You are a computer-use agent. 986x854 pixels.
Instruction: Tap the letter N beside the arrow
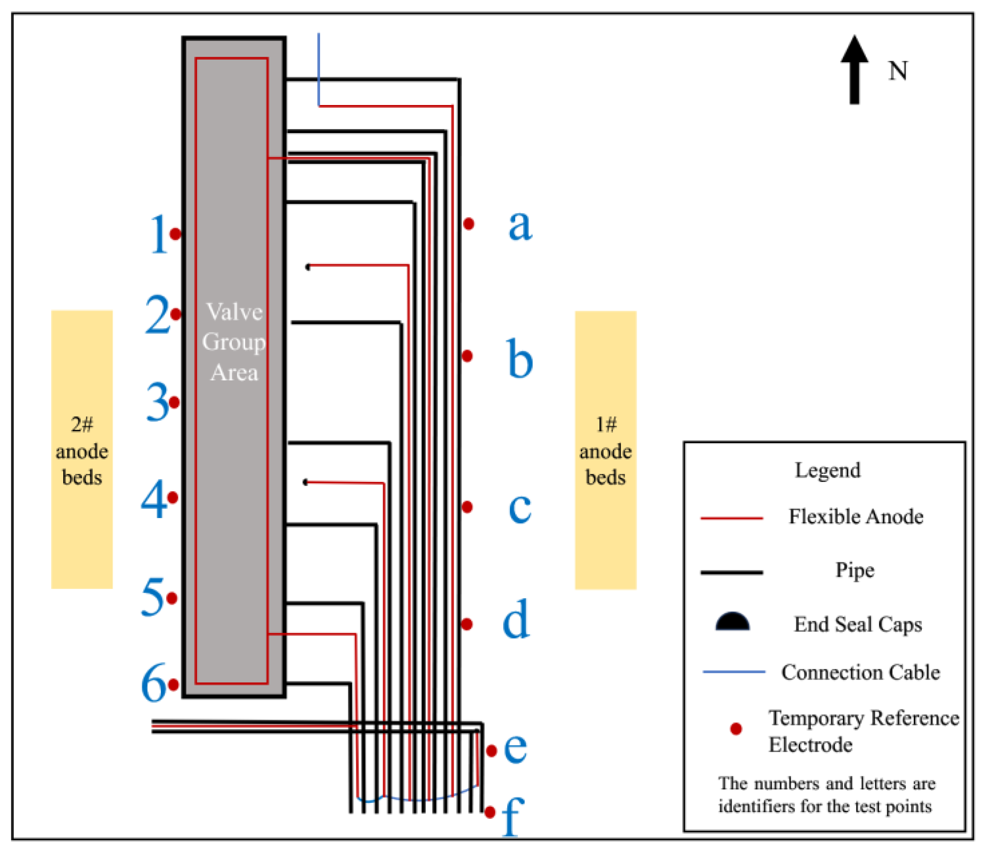pyautogui.click(x=898, y=72)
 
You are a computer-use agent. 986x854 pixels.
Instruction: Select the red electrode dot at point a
pyautogui.click(x=469, y=223)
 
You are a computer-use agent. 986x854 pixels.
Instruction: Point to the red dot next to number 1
pyautogui.click(x=175, y=234)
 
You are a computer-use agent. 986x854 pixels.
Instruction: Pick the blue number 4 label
pyautogui.click(x=154, y=499)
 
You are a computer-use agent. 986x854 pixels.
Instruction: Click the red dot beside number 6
pyautogui.click(x=174, y=685)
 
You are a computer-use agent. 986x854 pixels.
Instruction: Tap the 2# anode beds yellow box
pyautogui.click(x=82, y=449)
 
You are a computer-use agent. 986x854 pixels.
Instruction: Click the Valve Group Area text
pyautogui.click(x=234, y=342)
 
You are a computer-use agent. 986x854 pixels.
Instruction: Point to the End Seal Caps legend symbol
pyautogui.click(x=732, y=622)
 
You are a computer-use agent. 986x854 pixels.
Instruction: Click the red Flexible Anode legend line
pyautogui.click(x=731, y=518)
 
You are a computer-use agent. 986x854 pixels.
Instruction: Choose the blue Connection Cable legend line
pyautogui.click(x=733, y=672)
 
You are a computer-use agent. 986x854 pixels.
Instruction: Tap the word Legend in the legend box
pyautogui.click(x=828, y=470)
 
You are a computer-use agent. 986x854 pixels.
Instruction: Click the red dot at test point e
pyautogui.click(x=492, y=751)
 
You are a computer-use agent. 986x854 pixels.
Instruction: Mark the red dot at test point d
pyautogui.click(x=467, y=624)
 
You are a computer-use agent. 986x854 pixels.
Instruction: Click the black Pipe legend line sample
pyautogui.click(x=731, y=572)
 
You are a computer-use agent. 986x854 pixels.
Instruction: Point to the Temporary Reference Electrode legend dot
pyautogui.click(x=736, y=729)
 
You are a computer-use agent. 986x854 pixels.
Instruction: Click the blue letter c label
pyautogui.click(x=520, y=508)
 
